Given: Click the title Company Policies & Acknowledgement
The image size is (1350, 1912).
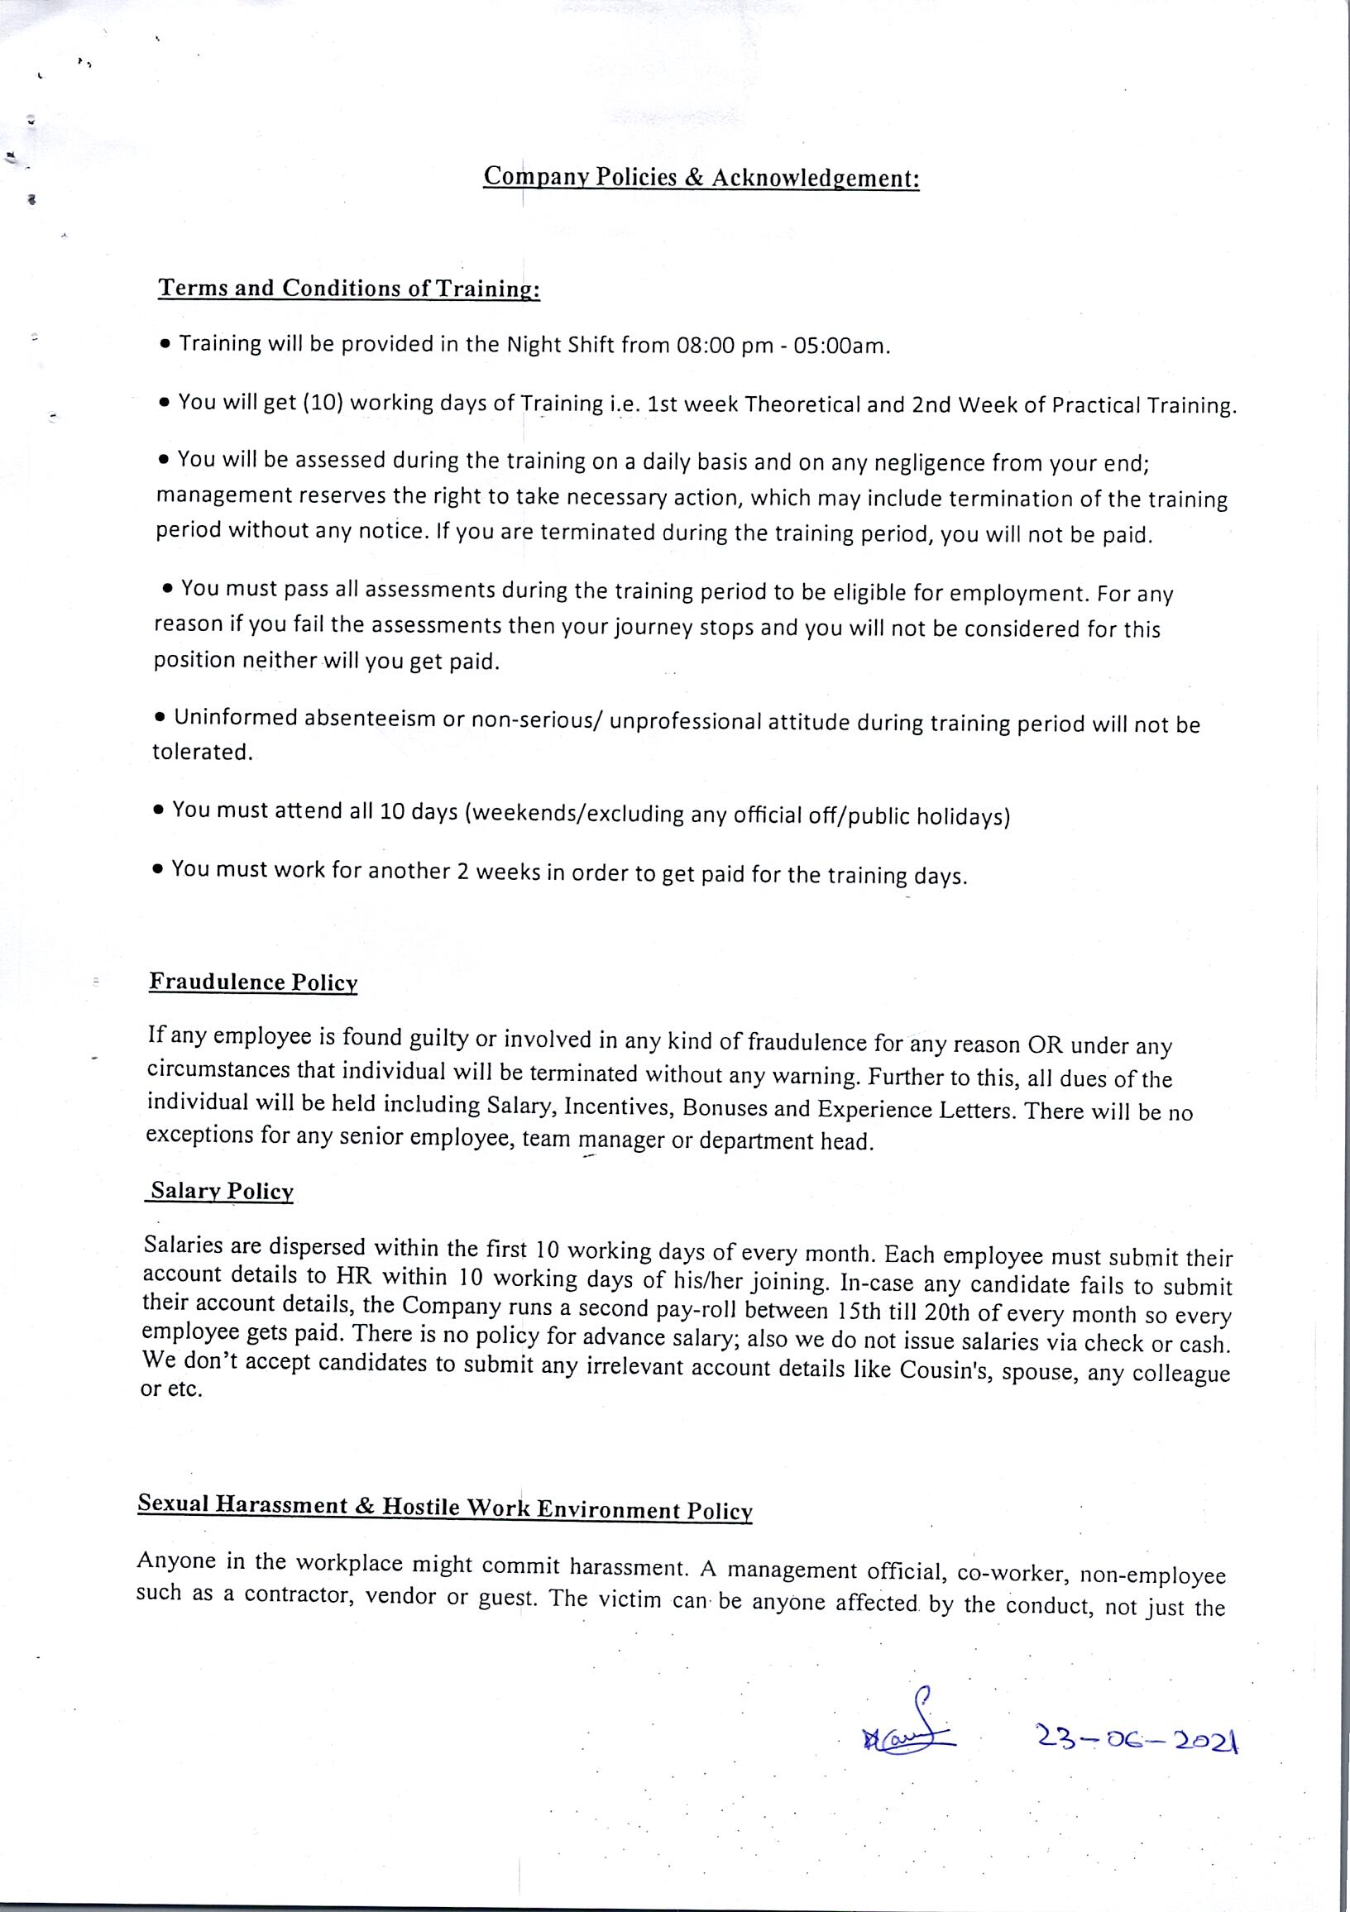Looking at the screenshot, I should pyautogui.click(x=701, y=177).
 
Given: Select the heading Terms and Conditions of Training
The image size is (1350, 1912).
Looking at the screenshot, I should pyautogui.click(x=349, y=288).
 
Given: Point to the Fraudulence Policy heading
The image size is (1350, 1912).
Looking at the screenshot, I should pyautogui.click(x=253, y=982).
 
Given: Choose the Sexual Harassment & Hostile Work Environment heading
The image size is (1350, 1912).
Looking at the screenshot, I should pyautogui.click(x=445, y=1508).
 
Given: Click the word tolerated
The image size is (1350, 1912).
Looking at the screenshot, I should pyautogui.click(x=201, y=753).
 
